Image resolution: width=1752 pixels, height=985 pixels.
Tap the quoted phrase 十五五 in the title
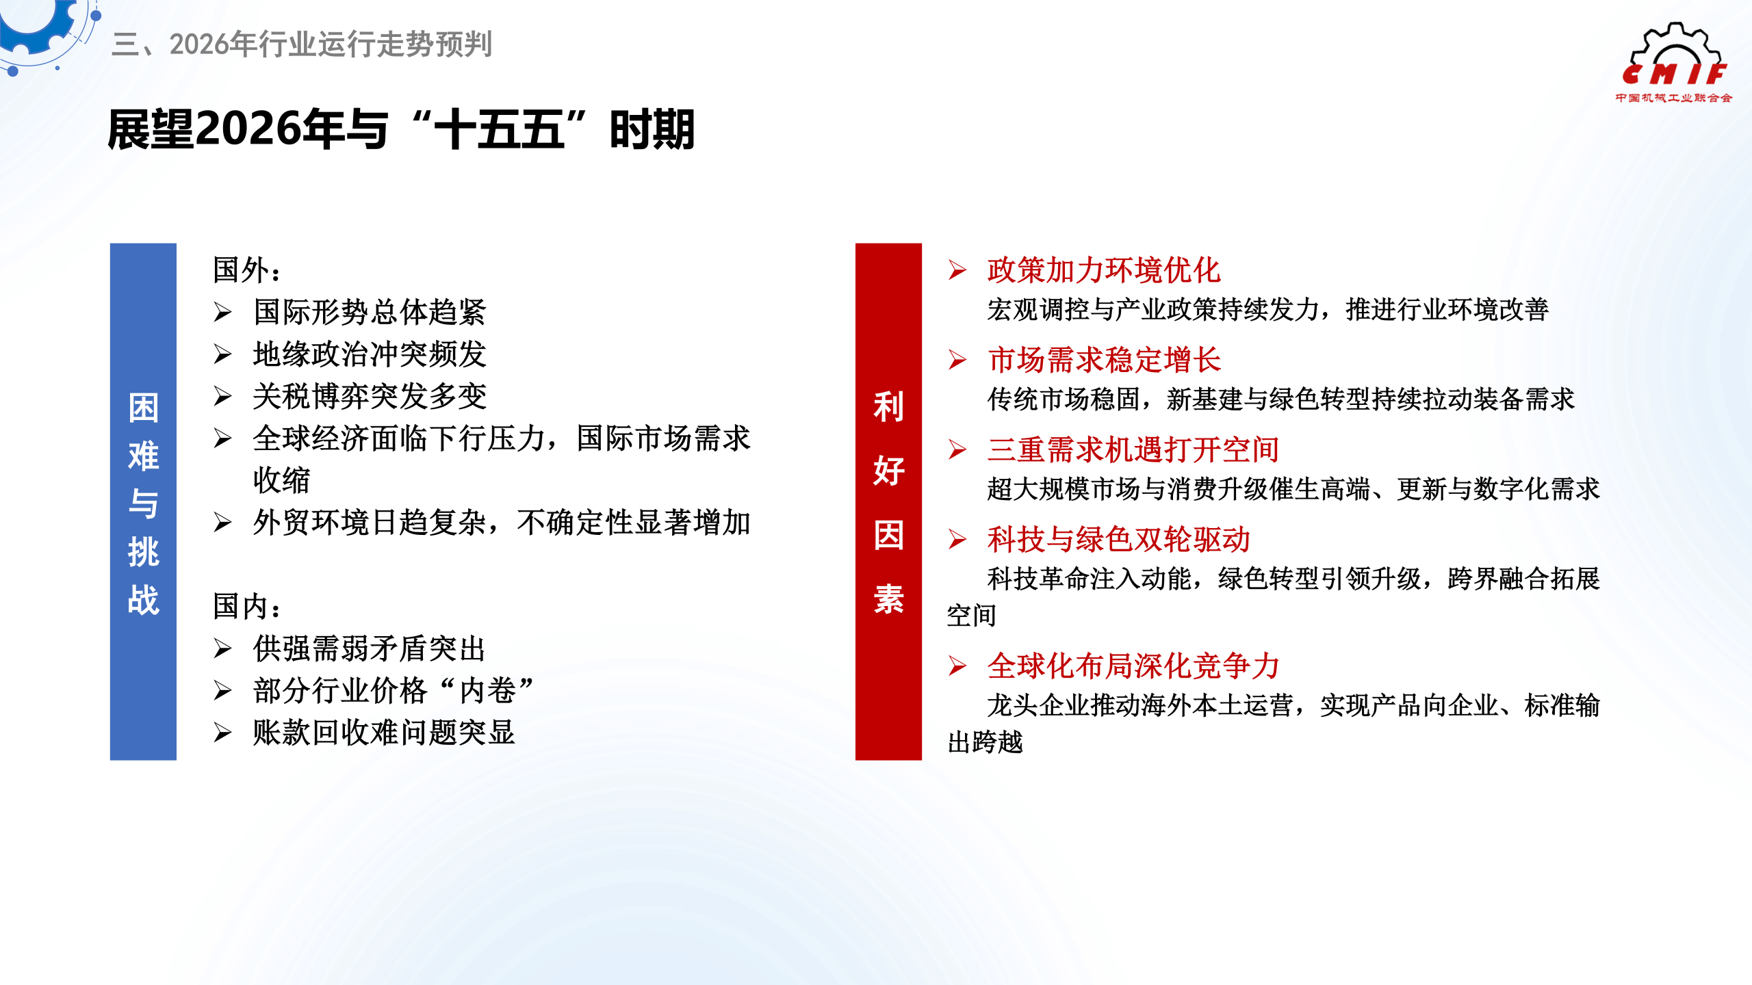pos(500,129)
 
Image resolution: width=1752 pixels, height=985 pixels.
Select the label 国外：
pos(247,270)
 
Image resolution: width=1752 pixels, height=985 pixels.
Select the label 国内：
pos(247,606)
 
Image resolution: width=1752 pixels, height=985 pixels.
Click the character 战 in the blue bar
pos(143,600)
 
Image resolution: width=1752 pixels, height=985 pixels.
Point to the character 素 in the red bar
pos(888,599)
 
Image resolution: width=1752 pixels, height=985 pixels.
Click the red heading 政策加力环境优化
pos(1103,270)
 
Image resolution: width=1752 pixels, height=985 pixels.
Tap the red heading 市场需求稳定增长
pos(1103,360)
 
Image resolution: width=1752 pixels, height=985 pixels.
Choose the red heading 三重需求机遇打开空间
pos(1133,449)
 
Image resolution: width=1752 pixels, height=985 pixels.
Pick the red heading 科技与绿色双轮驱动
pos(1118,539)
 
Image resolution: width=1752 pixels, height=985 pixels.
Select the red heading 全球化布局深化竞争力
pos(1133,666)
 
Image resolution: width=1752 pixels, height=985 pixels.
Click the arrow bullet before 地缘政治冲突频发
pos(222,354)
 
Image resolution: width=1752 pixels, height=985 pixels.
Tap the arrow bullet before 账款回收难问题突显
pos(222,733)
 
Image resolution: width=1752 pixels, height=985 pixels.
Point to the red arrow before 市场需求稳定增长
pos(957,360)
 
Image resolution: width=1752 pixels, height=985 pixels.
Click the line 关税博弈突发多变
pos(370,397)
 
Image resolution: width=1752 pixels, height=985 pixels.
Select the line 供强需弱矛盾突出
pos(370,648)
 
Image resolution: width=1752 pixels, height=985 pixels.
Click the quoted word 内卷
pos(487,691)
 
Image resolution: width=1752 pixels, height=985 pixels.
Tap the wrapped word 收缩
pos(281,480)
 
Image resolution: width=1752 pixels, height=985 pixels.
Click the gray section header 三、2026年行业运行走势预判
pos(302,44)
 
